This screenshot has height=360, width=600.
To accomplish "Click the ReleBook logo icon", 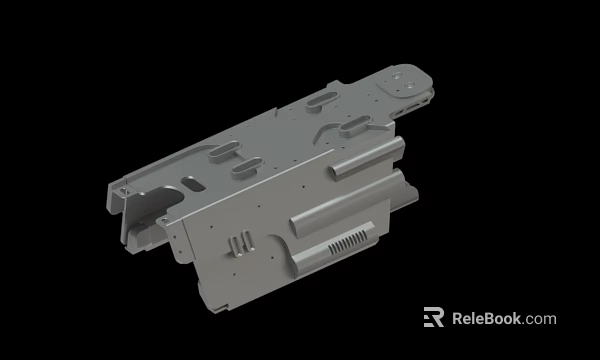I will [433, 318].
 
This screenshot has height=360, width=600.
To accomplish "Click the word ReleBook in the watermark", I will [487, 319].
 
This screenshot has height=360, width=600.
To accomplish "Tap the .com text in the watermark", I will [539, 319].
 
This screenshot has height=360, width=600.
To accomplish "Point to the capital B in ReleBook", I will [487, 319].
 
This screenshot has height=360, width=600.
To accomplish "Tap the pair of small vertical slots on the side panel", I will [238, 243].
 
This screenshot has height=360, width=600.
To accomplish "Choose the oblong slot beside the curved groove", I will [358, 126].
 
